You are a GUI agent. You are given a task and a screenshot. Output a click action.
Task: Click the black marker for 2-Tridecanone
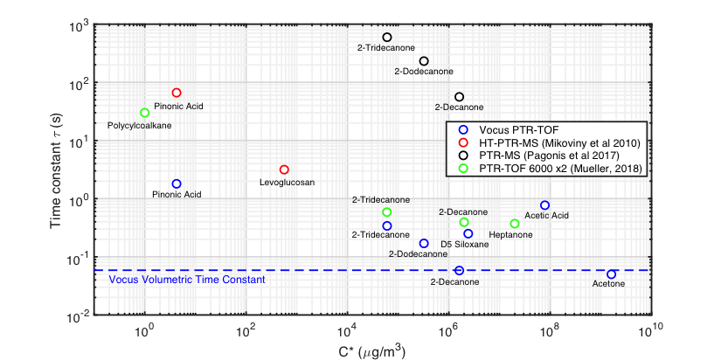pyautogui.click(x=387, y=38)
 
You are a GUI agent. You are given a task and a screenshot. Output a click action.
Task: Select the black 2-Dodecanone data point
pyautogui.click(x=424, y=61)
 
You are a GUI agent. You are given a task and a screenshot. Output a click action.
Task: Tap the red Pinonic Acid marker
pyautogui.click(x=177, y=93)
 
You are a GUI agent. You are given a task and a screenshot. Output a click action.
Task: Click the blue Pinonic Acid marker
pyautogui.click(x=177, y=183)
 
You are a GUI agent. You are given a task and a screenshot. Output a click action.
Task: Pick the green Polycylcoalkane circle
pyautogui.click(x=145, y=113)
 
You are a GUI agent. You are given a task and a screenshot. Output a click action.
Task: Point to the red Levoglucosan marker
pyautogui.click(x=284, y=170)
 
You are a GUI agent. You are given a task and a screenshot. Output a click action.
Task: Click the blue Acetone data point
pyautogui.click(x=612, y=274)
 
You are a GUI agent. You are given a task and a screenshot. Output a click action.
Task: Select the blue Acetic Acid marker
pyautogui.click(x=544, y=205)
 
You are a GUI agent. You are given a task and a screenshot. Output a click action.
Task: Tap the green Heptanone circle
pyautogui.click(x=515, y=224)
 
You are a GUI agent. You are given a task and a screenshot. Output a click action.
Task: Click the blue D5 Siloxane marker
pyautogui.click(x=468, y=233)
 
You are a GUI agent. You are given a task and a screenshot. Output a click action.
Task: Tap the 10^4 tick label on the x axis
pyautogui.click(x=348, y=331)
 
